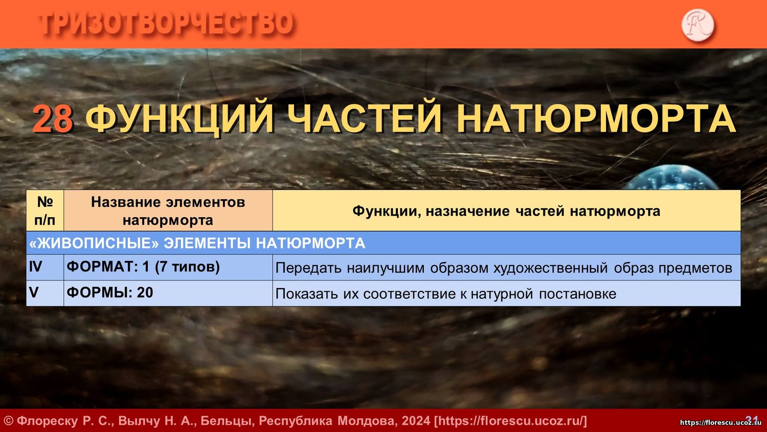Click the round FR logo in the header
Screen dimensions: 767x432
click(x=697, y=25)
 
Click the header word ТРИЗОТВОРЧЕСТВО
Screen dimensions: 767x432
click(x=166, y=24)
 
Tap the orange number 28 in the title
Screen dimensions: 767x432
click(x=53, y=119)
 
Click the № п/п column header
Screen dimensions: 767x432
click(x=45, y=210)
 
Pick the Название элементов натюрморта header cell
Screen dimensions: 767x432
click(x=168, y=210)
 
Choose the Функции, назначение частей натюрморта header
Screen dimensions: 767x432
click(x=506, y=211)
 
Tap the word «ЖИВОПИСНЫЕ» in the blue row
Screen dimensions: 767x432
click(x=95, y=243)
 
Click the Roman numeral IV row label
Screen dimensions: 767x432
click(x=36, y=266)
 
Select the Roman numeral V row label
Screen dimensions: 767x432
click(x=34, y=292)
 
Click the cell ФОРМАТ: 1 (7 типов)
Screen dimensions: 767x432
click(x=143, y=267)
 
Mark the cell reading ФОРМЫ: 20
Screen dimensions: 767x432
click(x=109, y=292)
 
